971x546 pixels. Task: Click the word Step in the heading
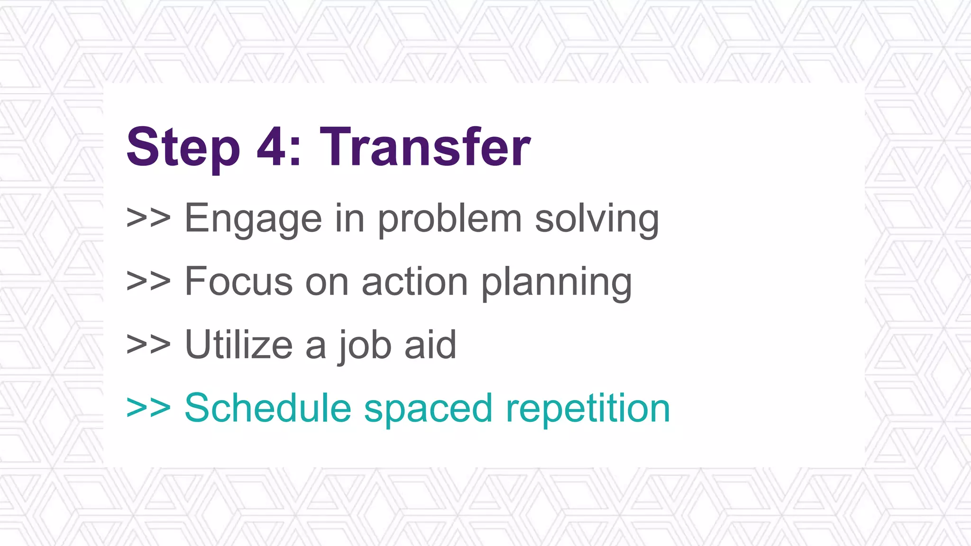pyautogui.click(x=183, y=148)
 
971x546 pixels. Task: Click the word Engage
pyautogui.click(x=253, y=219)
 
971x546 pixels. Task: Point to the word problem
pyautogui.click(x=449, y=219)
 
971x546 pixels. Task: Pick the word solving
pyautogui.click(x=597, y=219)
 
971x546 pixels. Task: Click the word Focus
pyautogui.click(x=238, y=282)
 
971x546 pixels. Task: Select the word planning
pyautogui.click(x=557, y=282)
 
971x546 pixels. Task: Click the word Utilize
pyautogui.click(x=238, y=345)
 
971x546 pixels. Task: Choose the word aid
pyautogui.click(x=430, y=345)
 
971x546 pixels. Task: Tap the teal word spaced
pyautogui.click(x=428, y=409)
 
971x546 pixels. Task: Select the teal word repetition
pyautogui.click(x=588, y=409)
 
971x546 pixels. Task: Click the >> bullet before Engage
pyautogui.click(x=148, y=219)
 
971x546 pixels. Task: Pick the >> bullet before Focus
pyautogui.click(x=148, y=282)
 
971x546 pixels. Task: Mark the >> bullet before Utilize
pyautogui.click(x=148, y=345)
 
